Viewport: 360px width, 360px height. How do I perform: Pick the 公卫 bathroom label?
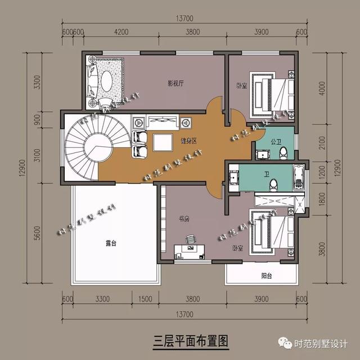pyautogui.click(x=275, y=141)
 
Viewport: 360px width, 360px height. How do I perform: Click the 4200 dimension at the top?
pyautogui.click(x=121, y=31)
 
